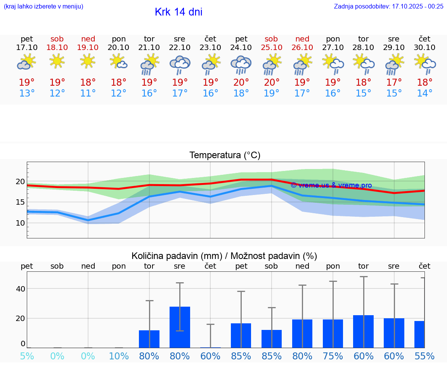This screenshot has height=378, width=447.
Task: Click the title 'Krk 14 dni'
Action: point(178,12)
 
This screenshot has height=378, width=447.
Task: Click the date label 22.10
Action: point(180,47)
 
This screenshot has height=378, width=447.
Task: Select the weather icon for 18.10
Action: point(57,61)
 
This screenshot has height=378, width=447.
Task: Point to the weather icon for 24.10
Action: point(241,64)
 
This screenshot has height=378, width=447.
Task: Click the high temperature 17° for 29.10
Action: point(394,83)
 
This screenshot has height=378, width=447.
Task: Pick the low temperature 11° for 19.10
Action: point(88,93)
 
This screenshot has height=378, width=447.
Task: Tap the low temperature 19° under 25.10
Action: point(272,93)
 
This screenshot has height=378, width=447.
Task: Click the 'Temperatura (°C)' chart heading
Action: point(225,155)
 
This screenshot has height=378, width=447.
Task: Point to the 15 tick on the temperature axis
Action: point(20,202)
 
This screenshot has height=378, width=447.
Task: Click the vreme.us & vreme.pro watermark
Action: point(331,185)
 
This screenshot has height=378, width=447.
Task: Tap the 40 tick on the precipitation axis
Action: point(20,289)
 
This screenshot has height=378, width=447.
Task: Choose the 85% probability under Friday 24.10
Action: point(241,356)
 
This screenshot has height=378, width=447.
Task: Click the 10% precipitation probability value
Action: point(119,356)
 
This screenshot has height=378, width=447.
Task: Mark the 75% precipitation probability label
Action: point(333,356)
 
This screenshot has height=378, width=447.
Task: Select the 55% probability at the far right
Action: point(424,356)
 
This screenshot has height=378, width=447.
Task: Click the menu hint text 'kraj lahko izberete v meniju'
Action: point(43,6)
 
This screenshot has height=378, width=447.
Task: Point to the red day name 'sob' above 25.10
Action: point(271,39)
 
